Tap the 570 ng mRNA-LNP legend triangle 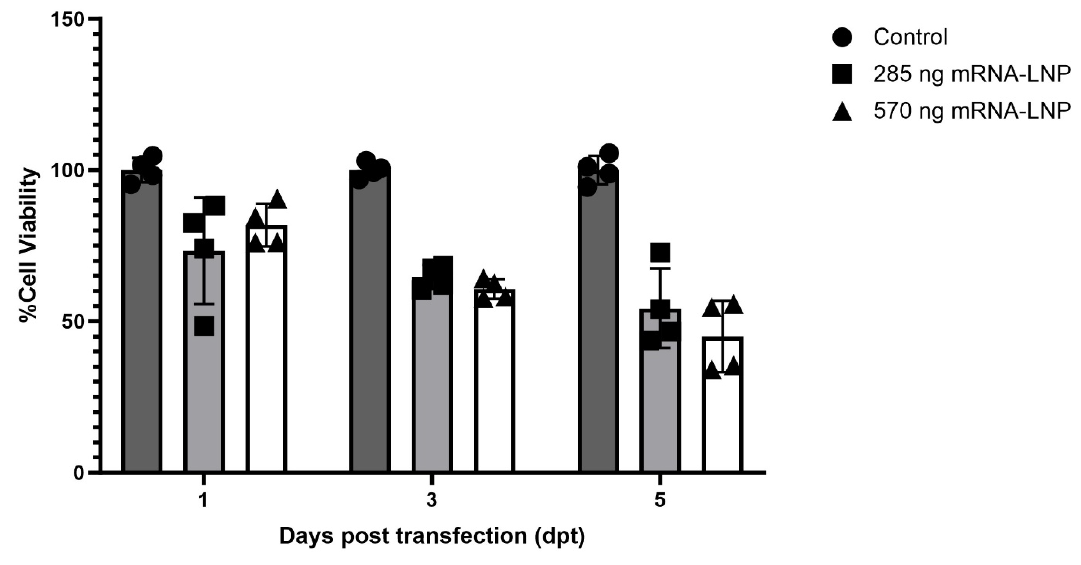pos(842,112)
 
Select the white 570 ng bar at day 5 pos(722,419)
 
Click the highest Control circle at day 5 pos(609,153)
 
